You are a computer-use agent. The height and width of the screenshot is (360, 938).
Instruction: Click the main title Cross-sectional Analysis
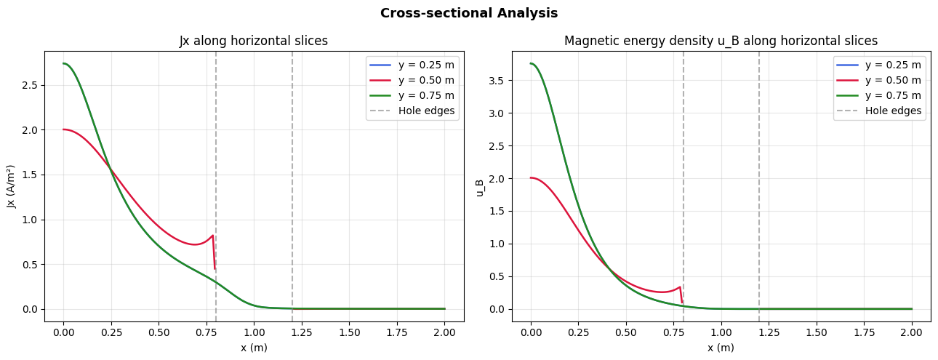click(469, 13)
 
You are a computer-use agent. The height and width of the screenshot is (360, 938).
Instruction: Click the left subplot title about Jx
click(254, 41)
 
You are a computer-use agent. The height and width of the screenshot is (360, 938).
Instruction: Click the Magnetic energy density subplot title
click(721, 41)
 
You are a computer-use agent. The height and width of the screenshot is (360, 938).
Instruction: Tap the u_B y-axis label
click(480, 186)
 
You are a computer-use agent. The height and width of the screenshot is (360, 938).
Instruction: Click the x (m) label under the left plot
click(254, 348)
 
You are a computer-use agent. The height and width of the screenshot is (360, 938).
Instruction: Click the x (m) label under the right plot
click(721, 348)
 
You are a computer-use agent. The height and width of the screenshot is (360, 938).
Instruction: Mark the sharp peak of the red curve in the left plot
click(212, 236)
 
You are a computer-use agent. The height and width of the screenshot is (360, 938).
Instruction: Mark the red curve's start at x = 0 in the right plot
click(532, 177)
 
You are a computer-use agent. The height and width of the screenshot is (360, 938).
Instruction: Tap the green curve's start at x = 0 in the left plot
click(64, 63)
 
